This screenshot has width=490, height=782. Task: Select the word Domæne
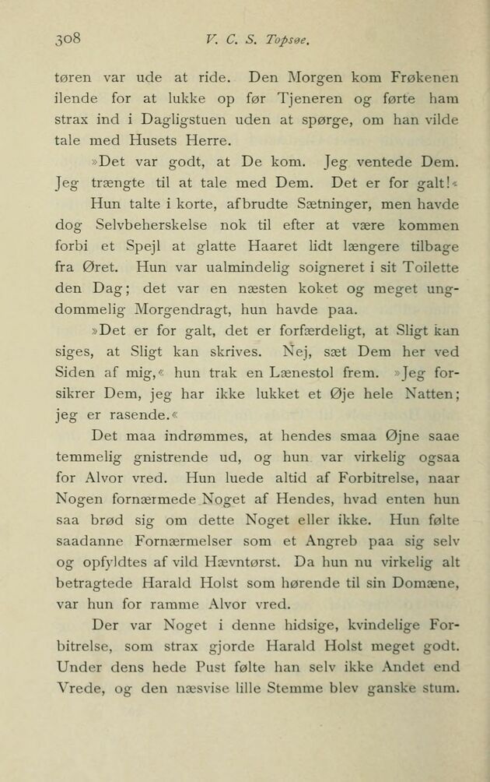coord(427,584)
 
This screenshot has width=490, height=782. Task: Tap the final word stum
coord(439,689)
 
